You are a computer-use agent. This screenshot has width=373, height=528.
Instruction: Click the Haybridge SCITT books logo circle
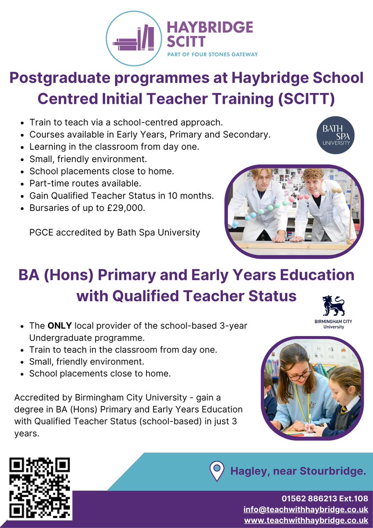(135, 39)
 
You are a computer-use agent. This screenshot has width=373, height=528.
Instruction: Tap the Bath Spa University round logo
(336, 135)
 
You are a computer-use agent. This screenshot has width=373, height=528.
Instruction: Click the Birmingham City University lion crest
(333, 306)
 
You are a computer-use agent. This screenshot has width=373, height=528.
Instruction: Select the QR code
(40, 488)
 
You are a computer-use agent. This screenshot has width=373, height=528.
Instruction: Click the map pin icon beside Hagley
(216, 471)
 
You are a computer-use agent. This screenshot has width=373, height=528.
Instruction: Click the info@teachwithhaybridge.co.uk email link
(306, 510)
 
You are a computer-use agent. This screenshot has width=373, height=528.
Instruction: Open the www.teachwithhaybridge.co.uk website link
(306, 520)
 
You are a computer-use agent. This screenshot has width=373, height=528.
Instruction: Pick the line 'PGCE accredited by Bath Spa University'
(114, 232)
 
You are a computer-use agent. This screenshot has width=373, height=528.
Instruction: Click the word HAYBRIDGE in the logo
(210, 28)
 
